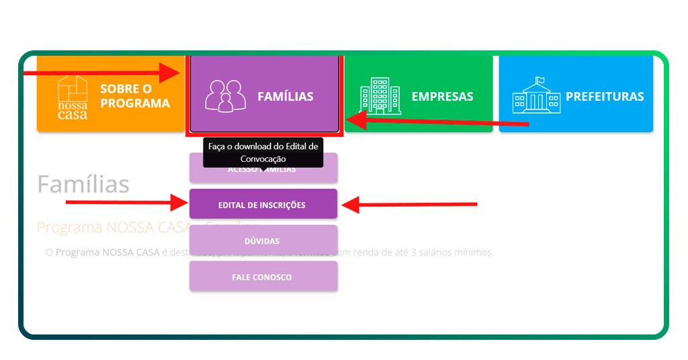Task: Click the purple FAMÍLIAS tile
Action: click(x=264, y=95)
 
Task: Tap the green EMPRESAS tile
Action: click(x=418, y=95)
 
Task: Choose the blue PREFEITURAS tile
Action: click(x=576, y=95)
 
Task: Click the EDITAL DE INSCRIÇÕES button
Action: click(x=263, y=205)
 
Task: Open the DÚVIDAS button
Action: click(x=263, y=240)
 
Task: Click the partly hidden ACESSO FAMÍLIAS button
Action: click(x=263, y=174)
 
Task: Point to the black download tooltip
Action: click(x=263, y=152)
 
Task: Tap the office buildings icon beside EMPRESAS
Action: click(x=380, y=96)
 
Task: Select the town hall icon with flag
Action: click(x=535, y=95)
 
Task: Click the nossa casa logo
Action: click(x=72, y=97)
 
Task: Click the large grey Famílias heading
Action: click(x=83, y=184)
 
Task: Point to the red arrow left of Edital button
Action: click(x=128, y=201)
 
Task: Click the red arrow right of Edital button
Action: click(x=410, y=204)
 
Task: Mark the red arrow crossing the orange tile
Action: click(x=101, y=71)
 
